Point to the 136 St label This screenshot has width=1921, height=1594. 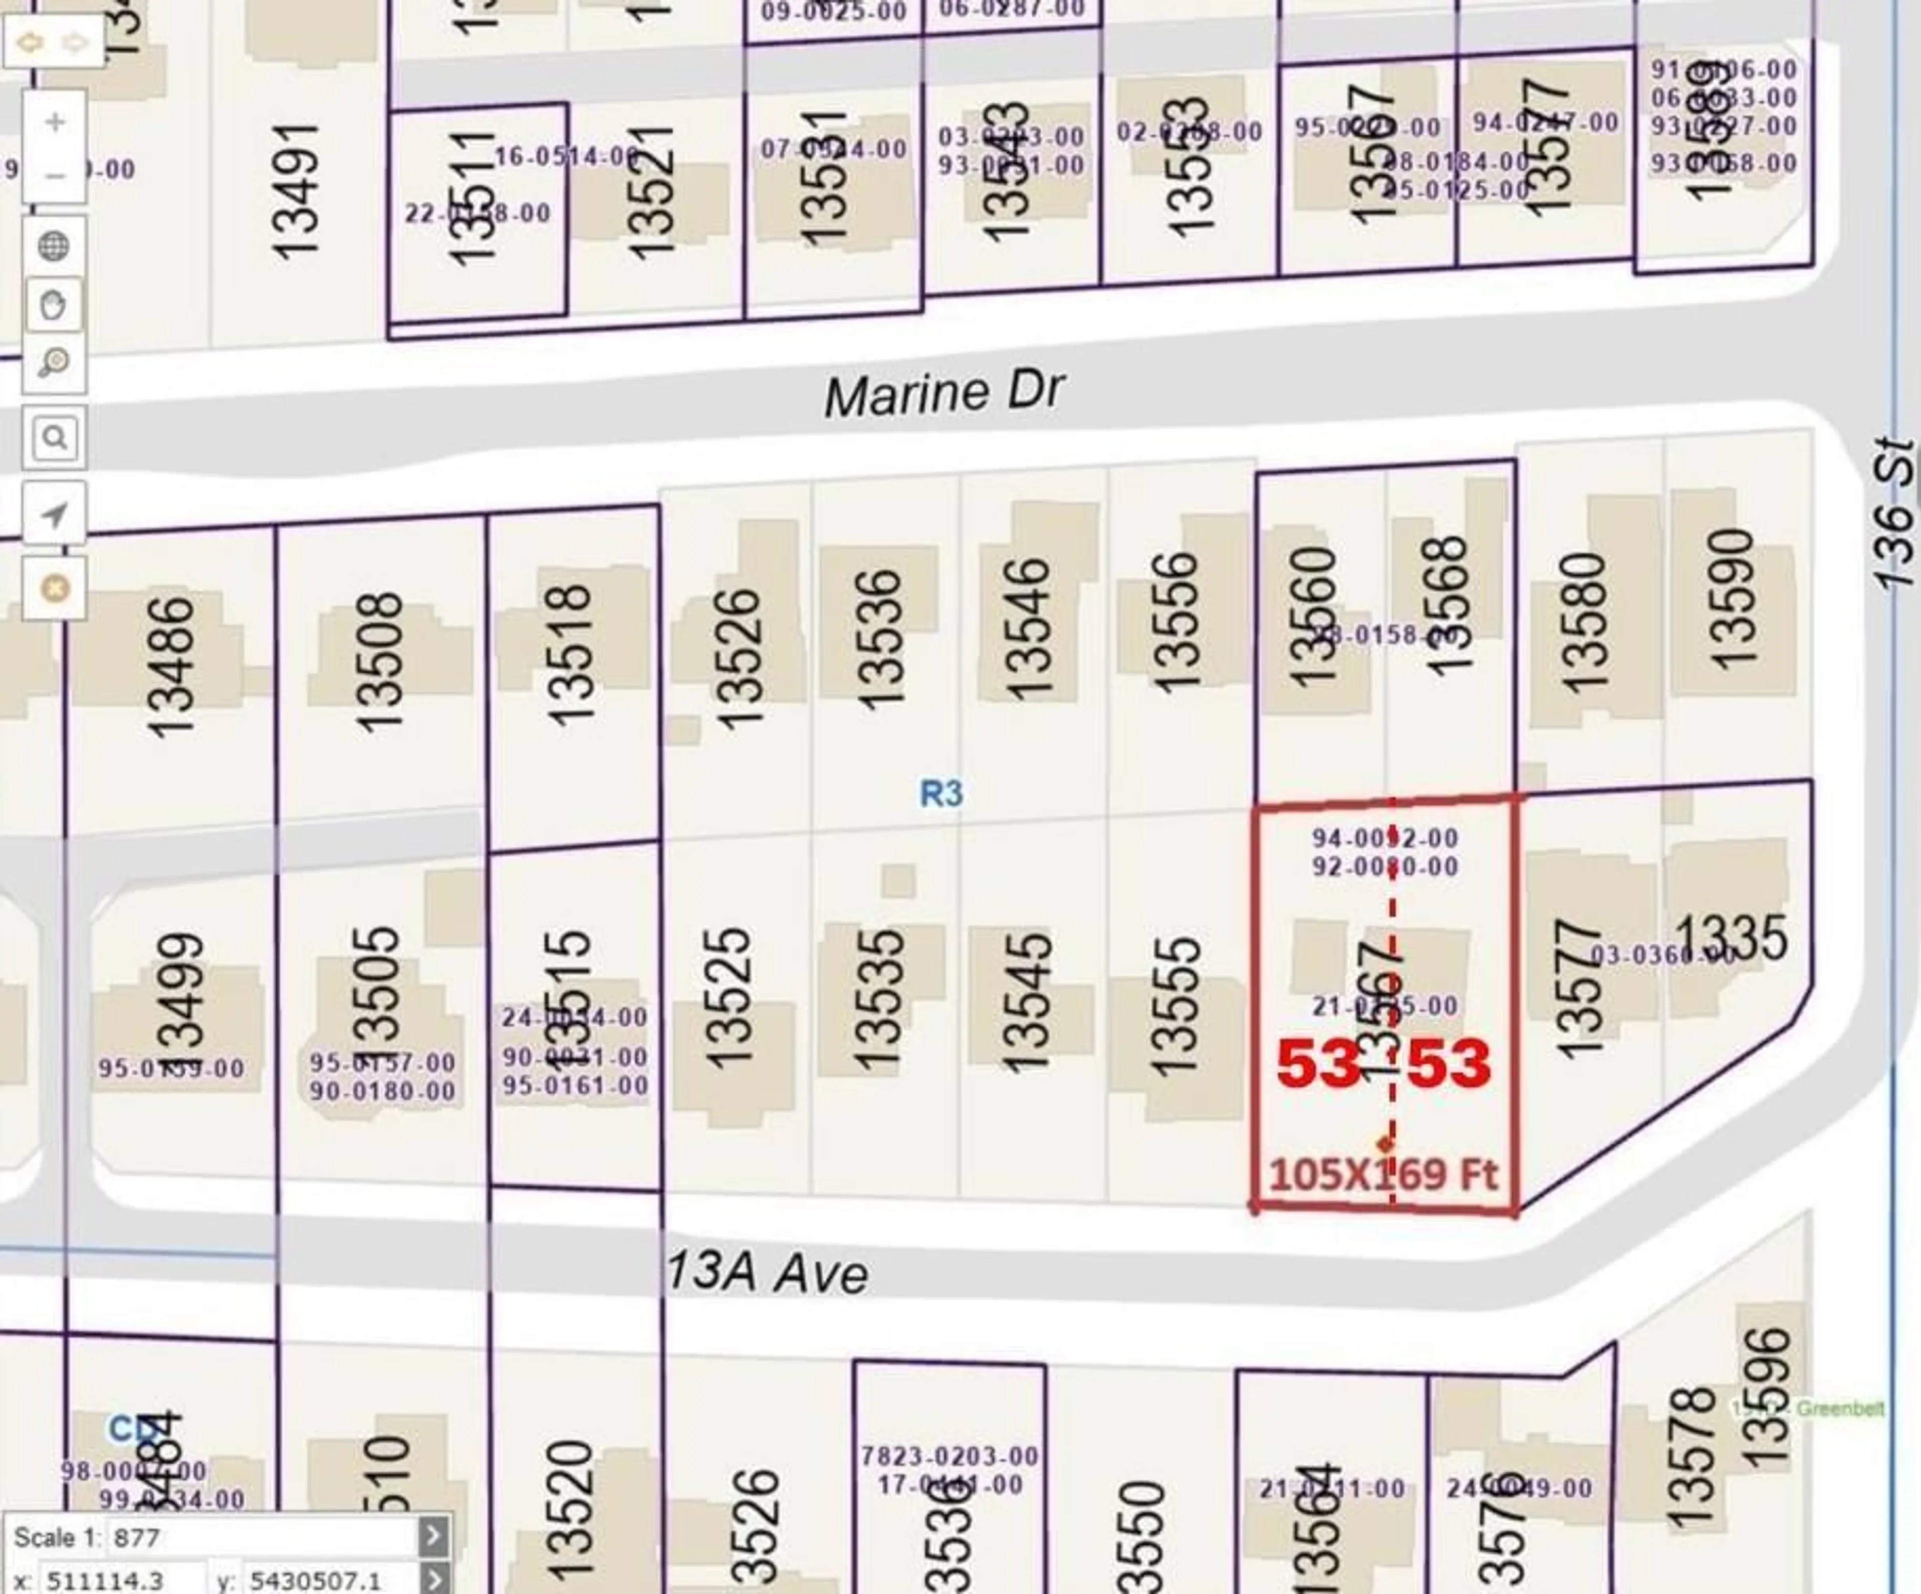[1891, 512]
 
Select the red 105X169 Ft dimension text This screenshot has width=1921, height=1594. [1383, 1174]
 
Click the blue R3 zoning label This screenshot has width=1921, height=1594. [941, 792]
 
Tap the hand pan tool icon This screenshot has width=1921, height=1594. [54, 305]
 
